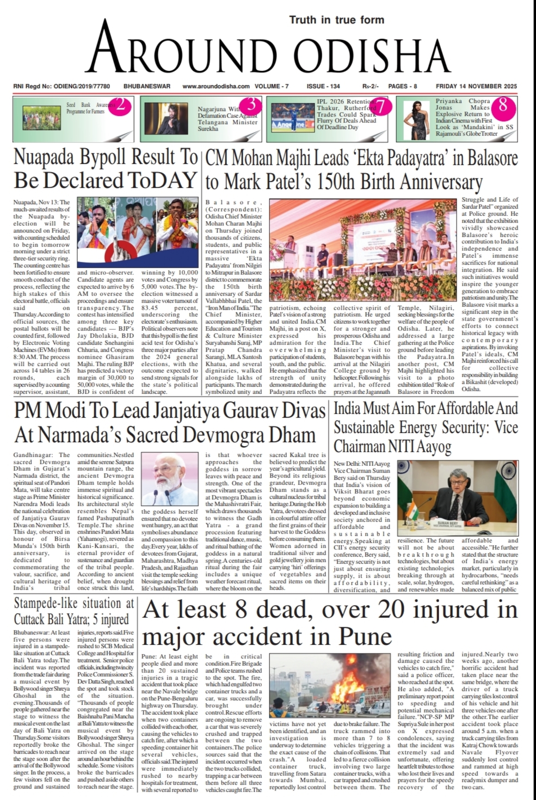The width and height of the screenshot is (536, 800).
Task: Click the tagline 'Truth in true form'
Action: coord(336,20)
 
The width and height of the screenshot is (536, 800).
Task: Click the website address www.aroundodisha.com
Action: coord(215,86)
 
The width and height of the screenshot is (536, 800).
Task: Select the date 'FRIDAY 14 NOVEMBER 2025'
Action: coord(476,86)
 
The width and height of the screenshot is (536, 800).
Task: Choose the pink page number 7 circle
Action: coord(381,107)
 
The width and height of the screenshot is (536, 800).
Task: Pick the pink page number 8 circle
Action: coord(503,105)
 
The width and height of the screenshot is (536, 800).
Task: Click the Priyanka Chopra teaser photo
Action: coord(415,120)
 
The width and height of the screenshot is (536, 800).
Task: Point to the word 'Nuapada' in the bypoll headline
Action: coord(44,157)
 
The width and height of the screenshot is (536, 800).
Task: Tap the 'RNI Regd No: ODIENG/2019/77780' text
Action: coord(61,86)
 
